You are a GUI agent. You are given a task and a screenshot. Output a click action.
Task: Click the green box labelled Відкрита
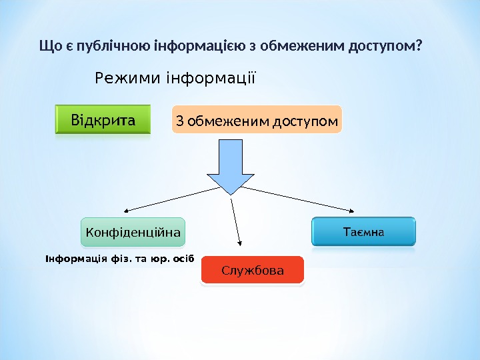[103, 121]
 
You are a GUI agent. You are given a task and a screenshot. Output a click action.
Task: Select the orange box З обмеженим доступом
[257, 121]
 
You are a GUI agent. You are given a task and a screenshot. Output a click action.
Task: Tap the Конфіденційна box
[133, 233]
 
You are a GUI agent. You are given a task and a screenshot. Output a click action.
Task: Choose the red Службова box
[252, 270]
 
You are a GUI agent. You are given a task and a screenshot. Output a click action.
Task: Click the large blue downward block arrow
[231, 167]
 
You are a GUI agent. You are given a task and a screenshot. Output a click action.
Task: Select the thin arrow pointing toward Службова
[236, 220]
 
